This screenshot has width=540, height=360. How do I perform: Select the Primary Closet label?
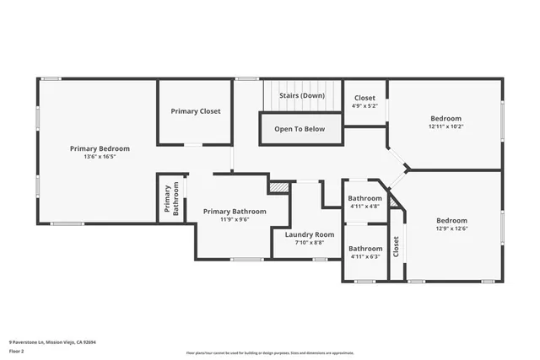point(196,111)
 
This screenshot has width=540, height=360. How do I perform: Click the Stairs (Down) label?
point(302,96)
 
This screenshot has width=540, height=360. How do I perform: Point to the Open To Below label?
point(300,129)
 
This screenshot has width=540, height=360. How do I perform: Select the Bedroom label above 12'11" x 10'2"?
point(445,118)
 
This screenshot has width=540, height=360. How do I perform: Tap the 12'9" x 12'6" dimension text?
point(451,228)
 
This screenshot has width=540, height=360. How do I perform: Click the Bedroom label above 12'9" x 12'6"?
point(451,220)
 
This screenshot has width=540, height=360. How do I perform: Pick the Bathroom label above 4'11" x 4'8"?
point(365,198)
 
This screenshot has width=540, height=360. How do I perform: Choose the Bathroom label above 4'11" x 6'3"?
point(365,248)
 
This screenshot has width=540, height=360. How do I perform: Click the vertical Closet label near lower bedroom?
point(396,246)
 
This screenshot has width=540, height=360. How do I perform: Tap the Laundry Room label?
point(310,234)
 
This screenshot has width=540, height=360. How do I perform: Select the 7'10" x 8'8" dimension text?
point(310,243)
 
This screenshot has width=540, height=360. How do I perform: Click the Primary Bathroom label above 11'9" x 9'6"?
point(236,211)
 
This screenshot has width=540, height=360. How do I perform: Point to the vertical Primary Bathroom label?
point(171,200)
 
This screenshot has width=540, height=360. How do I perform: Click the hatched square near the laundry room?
point(278,186)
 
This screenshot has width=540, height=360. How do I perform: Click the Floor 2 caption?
point(17,351)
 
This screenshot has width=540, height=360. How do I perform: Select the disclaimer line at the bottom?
point(270,352)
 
